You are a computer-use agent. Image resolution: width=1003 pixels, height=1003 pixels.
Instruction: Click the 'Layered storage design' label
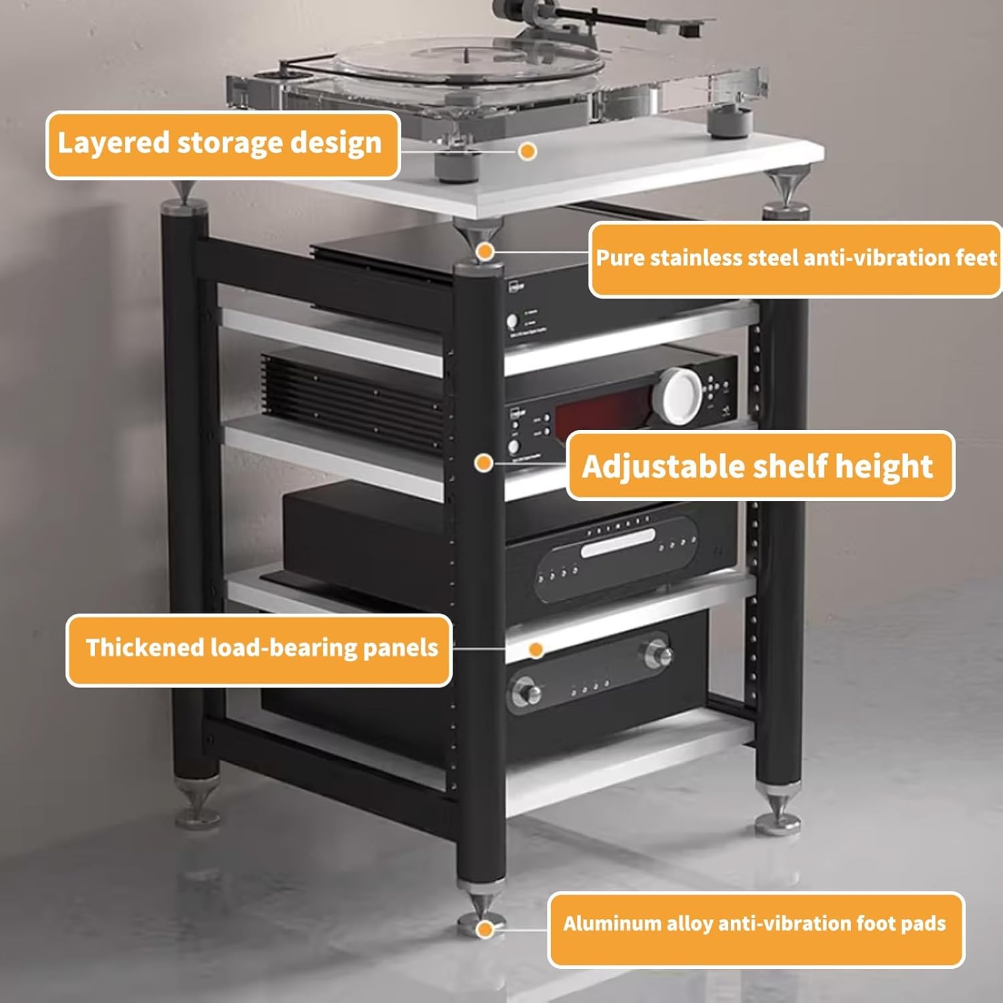[222, 144]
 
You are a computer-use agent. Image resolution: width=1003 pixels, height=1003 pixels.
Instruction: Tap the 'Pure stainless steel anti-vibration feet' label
[795, 259]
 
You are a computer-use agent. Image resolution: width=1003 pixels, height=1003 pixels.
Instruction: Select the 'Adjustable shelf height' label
[760, 465]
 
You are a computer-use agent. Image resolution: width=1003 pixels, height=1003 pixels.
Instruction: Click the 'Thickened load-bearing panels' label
[259, 649]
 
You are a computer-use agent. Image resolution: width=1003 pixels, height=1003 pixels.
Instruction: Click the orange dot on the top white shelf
[528, 152]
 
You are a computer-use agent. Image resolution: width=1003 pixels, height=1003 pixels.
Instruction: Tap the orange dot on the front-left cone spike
[485, 252]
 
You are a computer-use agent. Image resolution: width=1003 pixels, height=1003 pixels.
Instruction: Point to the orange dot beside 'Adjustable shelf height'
[484, 463]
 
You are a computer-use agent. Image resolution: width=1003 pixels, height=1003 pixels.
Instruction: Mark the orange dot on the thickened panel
[536, 649]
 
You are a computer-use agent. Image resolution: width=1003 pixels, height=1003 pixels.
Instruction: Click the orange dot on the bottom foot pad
[486, 928]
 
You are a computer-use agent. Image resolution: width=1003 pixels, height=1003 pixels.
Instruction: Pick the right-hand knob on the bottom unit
[656, 653]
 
